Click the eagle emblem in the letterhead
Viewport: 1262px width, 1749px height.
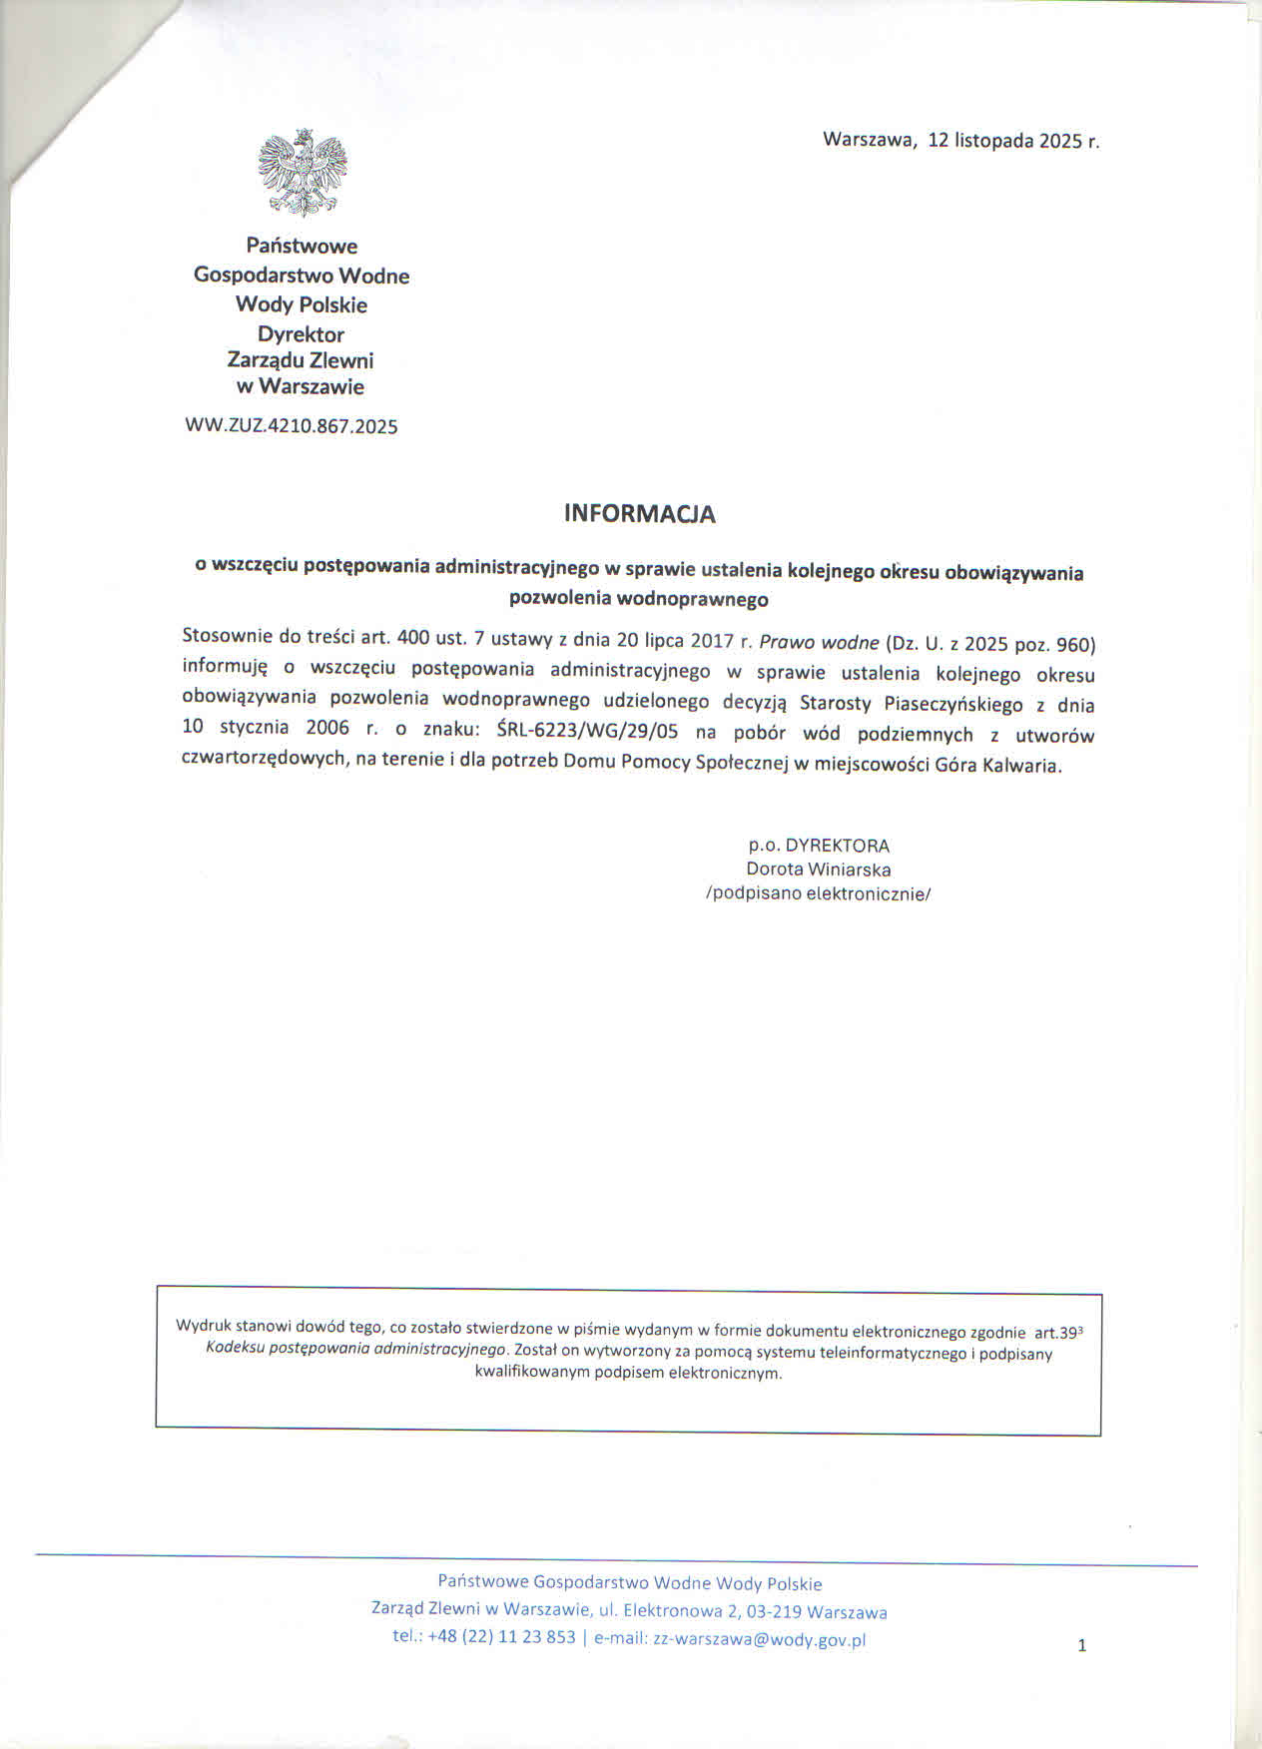coord(302,173)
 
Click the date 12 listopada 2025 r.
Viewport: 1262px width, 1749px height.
coord(1013,141)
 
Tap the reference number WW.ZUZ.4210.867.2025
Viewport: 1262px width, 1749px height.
coord(292,426)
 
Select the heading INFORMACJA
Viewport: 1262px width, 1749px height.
coord(639,514)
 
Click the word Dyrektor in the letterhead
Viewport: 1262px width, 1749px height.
coord(301,334)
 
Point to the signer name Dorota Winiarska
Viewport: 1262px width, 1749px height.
coord(818,870)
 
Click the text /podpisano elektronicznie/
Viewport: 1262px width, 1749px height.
coord(818,894)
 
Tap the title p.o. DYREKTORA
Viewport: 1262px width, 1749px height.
coord(819,846)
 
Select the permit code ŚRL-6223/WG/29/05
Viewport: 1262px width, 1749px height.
coord(587,731)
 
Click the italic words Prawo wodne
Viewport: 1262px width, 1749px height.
coord(819,643)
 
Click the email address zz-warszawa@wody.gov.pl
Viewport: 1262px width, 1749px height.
coord(759,1639)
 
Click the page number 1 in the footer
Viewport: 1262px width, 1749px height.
coord(1081,1646)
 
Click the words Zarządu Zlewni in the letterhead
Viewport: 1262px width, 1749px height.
coord(301,360)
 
